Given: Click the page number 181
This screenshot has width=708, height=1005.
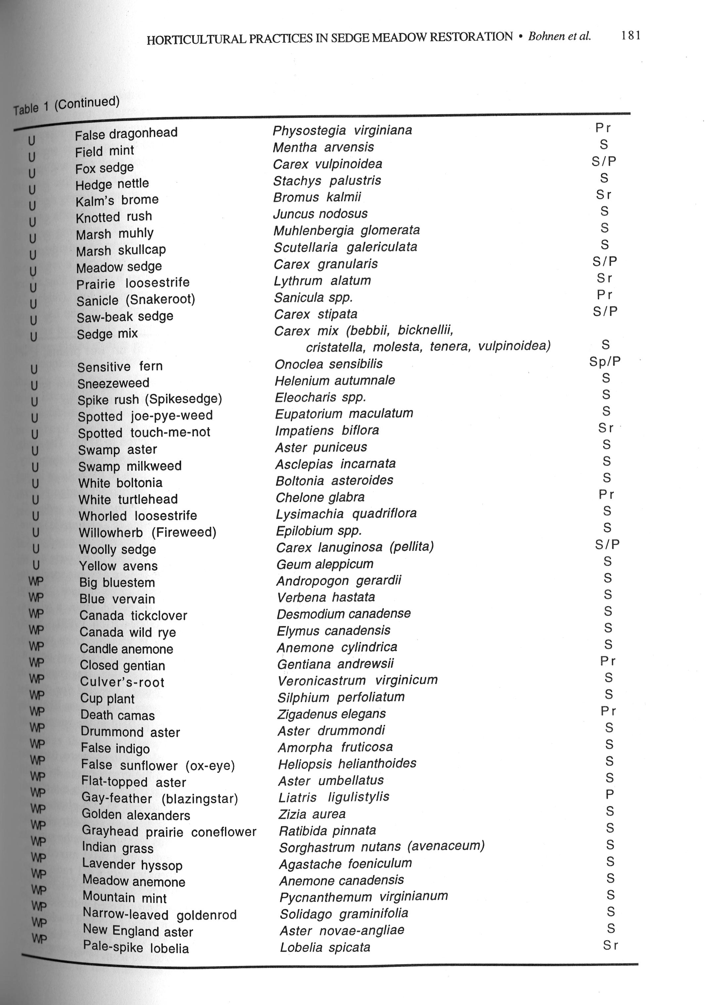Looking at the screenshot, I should coord(631,35).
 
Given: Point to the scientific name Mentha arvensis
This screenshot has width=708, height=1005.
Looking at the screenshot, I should coord(323,147).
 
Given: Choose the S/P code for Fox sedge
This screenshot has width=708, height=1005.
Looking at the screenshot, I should coord(604,162).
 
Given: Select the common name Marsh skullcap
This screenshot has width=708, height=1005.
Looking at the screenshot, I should coord(121,250).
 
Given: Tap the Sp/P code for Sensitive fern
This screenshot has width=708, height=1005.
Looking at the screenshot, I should coord(605,361).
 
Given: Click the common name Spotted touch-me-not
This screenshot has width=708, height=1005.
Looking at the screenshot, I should coord(144,432).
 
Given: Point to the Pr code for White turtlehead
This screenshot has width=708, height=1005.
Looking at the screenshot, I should coord(606,495).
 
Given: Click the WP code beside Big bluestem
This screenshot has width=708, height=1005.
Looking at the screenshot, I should coord(36,581).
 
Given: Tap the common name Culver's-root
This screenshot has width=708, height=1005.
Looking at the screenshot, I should coord(122,682).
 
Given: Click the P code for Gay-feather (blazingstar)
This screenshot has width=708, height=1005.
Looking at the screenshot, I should coord(609,794).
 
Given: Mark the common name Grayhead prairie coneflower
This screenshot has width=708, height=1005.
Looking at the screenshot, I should coord(169,832).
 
